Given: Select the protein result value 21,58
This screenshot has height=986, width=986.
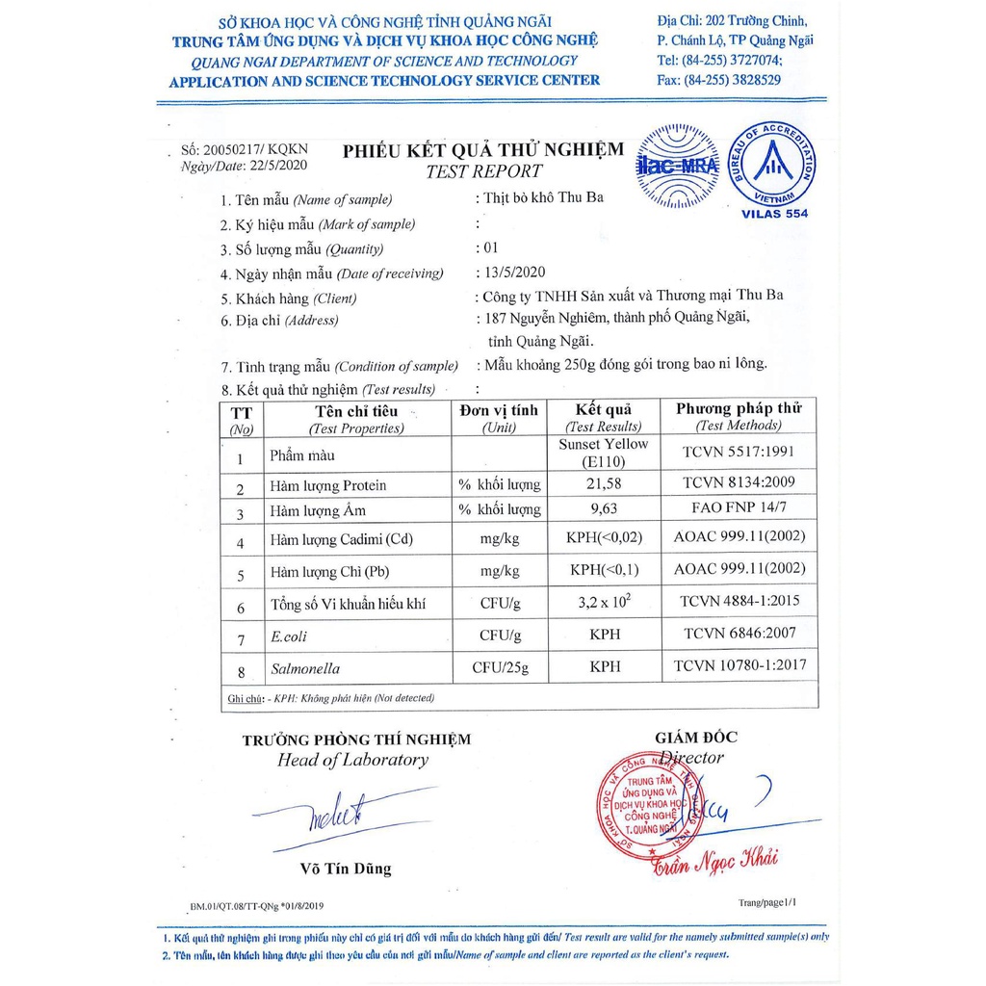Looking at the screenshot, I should point(604,482).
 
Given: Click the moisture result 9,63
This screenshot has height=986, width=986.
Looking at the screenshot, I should point(604,508).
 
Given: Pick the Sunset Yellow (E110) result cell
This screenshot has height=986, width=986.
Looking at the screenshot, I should point(604,453).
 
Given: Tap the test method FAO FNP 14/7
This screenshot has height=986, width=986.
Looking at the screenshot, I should point(739,508).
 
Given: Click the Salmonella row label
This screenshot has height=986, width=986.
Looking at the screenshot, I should point(302,666).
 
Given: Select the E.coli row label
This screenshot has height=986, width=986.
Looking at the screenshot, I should point(290,636).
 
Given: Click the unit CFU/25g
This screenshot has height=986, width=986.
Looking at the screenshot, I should point(500,666).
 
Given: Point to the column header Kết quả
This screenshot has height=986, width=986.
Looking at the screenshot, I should point(604,409).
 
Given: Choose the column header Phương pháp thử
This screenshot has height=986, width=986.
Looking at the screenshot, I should point(739,408).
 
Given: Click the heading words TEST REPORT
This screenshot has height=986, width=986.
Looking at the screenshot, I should point(484,171).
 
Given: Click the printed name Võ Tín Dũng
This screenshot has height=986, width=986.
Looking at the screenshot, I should point(346,869).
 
